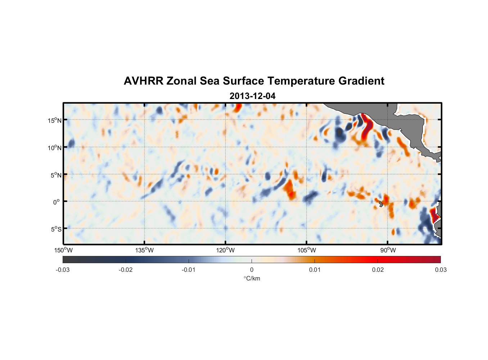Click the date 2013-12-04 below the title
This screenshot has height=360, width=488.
[x=252, y=96]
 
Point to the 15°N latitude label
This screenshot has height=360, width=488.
[x=55, y=120]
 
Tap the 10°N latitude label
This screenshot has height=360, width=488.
[x=55, y=148]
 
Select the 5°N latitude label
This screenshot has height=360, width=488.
[x=56, y=175]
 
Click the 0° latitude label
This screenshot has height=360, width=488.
[x=57, y=202]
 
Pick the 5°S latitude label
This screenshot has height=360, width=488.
[x=56, y=229]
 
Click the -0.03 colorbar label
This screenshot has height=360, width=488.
[x=63, y=270]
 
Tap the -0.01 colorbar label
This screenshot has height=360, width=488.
[x=189, y=270]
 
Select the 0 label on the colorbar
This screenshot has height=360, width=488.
[x=252, y=270]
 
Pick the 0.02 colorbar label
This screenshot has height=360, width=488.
[x=378, y=270]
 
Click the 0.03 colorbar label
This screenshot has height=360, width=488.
[x=440, y=270]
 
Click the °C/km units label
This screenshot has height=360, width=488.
[x=252, y=278]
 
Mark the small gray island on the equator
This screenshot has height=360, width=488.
[x=381, y=204]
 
